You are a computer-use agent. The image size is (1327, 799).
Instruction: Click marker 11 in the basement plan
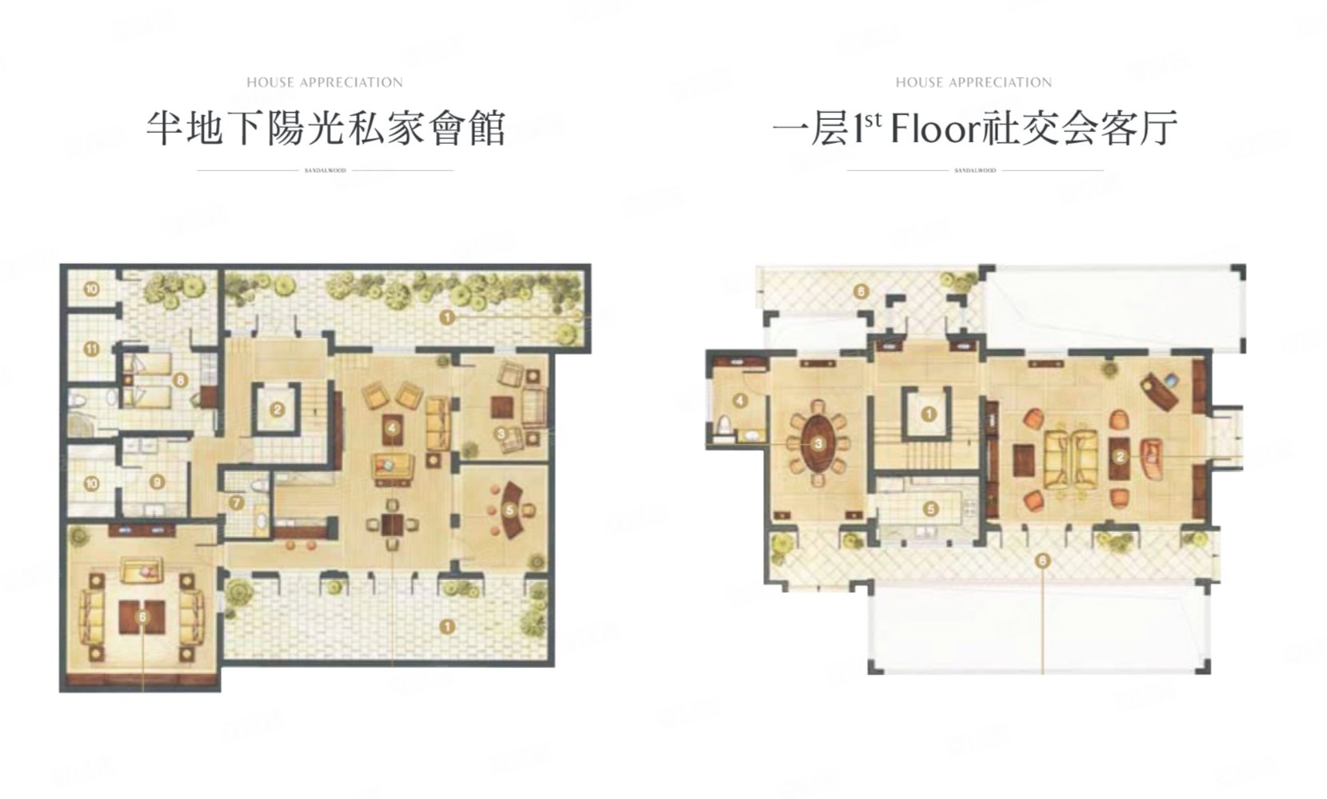point(91,349)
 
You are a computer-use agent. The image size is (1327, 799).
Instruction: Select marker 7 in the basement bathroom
point(235,503)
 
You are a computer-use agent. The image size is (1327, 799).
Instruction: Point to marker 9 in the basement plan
point(157,481)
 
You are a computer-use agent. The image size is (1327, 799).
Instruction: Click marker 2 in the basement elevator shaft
point(277,410)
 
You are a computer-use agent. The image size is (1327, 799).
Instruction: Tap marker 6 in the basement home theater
point(142,617)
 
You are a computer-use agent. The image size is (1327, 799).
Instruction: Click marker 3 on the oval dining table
point(818,443)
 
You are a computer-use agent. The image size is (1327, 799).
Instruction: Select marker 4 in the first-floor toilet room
point(741,400)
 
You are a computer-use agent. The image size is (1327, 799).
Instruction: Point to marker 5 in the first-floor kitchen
point(930,508)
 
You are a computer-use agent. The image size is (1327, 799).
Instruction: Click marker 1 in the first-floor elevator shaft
point(929,414)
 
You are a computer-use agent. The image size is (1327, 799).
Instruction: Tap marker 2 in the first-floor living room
point(1120,457)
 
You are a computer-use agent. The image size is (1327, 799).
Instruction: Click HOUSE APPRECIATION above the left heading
point(324,82)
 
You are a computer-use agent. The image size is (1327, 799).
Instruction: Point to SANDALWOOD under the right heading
point(974,170)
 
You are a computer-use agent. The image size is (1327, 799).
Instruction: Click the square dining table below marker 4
point(392,525)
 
